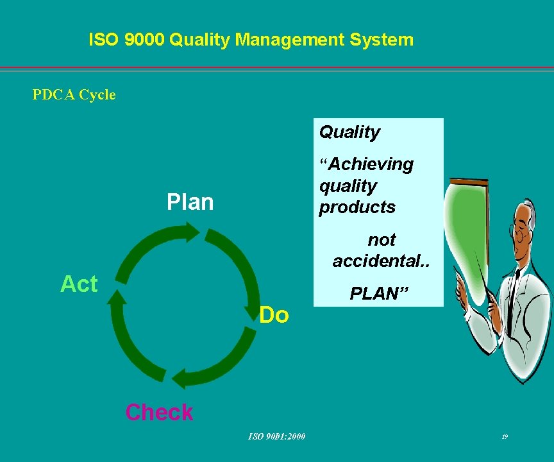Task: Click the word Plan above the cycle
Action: tap(189, 202)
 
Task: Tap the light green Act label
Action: tap(79, 284)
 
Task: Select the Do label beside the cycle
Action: tap(274, 315)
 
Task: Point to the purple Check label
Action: tap(159, 412)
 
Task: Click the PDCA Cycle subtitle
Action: tap(74, 95)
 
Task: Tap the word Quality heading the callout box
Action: tap(349, 132)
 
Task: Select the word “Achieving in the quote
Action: tap(366, 164)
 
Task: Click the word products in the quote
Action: tap(357, 207)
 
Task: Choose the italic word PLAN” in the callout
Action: tap(379, 294)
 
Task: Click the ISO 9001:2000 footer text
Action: tap(277, 437)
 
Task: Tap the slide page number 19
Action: tap(505, 437)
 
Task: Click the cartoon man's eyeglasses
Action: tap(518, 231)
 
